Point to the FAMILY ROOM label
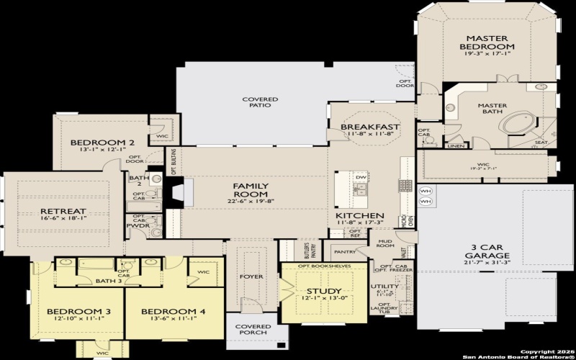251,190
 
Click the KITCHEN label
360,216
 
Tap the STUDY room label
313,291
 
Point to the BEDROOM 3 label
69,312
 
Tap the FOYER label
251,276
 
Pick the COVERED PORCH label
253,330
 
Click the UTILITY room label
379,287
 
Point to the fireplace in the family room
178,192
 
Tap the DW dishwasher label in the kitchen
361,176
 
